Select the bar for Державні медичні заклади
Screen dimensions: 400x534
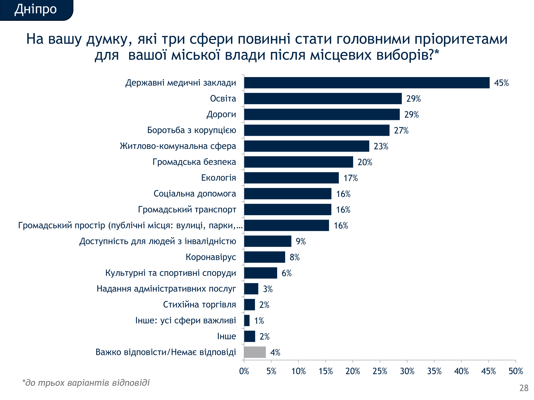click(x=367, y=83)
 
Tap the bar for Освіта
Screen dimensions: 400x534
click(x=323, y=99)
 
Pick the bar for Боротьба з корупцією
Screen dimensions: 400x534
click(x=316, y=130)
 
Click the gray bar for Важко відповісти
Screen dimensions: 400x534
click(x=255, y=352)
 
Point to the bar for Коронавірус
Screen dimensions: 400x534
click(x=264, y=257)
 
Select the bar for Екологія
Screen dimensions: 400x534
click(x=291, y=178)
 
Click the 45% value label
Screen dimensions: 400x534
click(x=501, y=83)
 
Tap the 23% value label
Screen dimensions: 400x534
click(x=381, y=146)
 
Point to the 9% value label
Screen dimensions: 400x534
click(x=300, y=241)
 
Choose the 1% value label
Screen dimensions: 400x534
click(x=259, y=321)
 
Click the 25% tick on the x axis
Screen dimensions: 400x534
click(x=380, y=371)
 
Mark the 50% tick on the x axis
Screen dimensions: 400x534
click(x=516, y=371)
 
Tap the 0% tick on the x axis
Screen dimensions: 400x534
click(x=244, y=371)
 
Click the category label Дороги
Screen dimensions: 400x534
click(x=221, y=114)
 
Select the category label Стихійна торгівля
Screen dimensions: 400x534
click(x=199, y=305)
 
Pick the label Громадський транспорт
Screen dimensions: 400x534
click(x=187, y=210)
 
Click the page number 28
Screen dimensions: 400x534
click(x=524, y=388)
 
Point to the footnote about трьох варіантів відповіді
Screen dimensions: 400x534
click(x=86, y=383)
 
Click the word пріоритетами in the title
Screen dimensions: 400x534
click(x=461, y=39)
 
